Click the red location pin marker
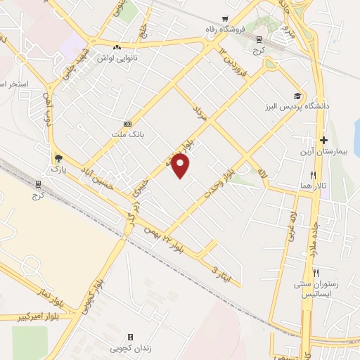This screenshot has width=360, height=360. (181, 166)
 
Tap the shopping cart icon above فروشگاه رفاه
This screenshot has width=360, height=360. (224, 19)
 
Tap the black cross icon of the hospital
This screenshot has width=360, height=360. (323, 139)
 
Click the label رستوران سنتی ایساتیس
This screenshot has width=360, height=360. (316, 290)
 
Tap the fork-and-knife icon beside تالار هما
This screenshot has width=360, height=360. (314, 175)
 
